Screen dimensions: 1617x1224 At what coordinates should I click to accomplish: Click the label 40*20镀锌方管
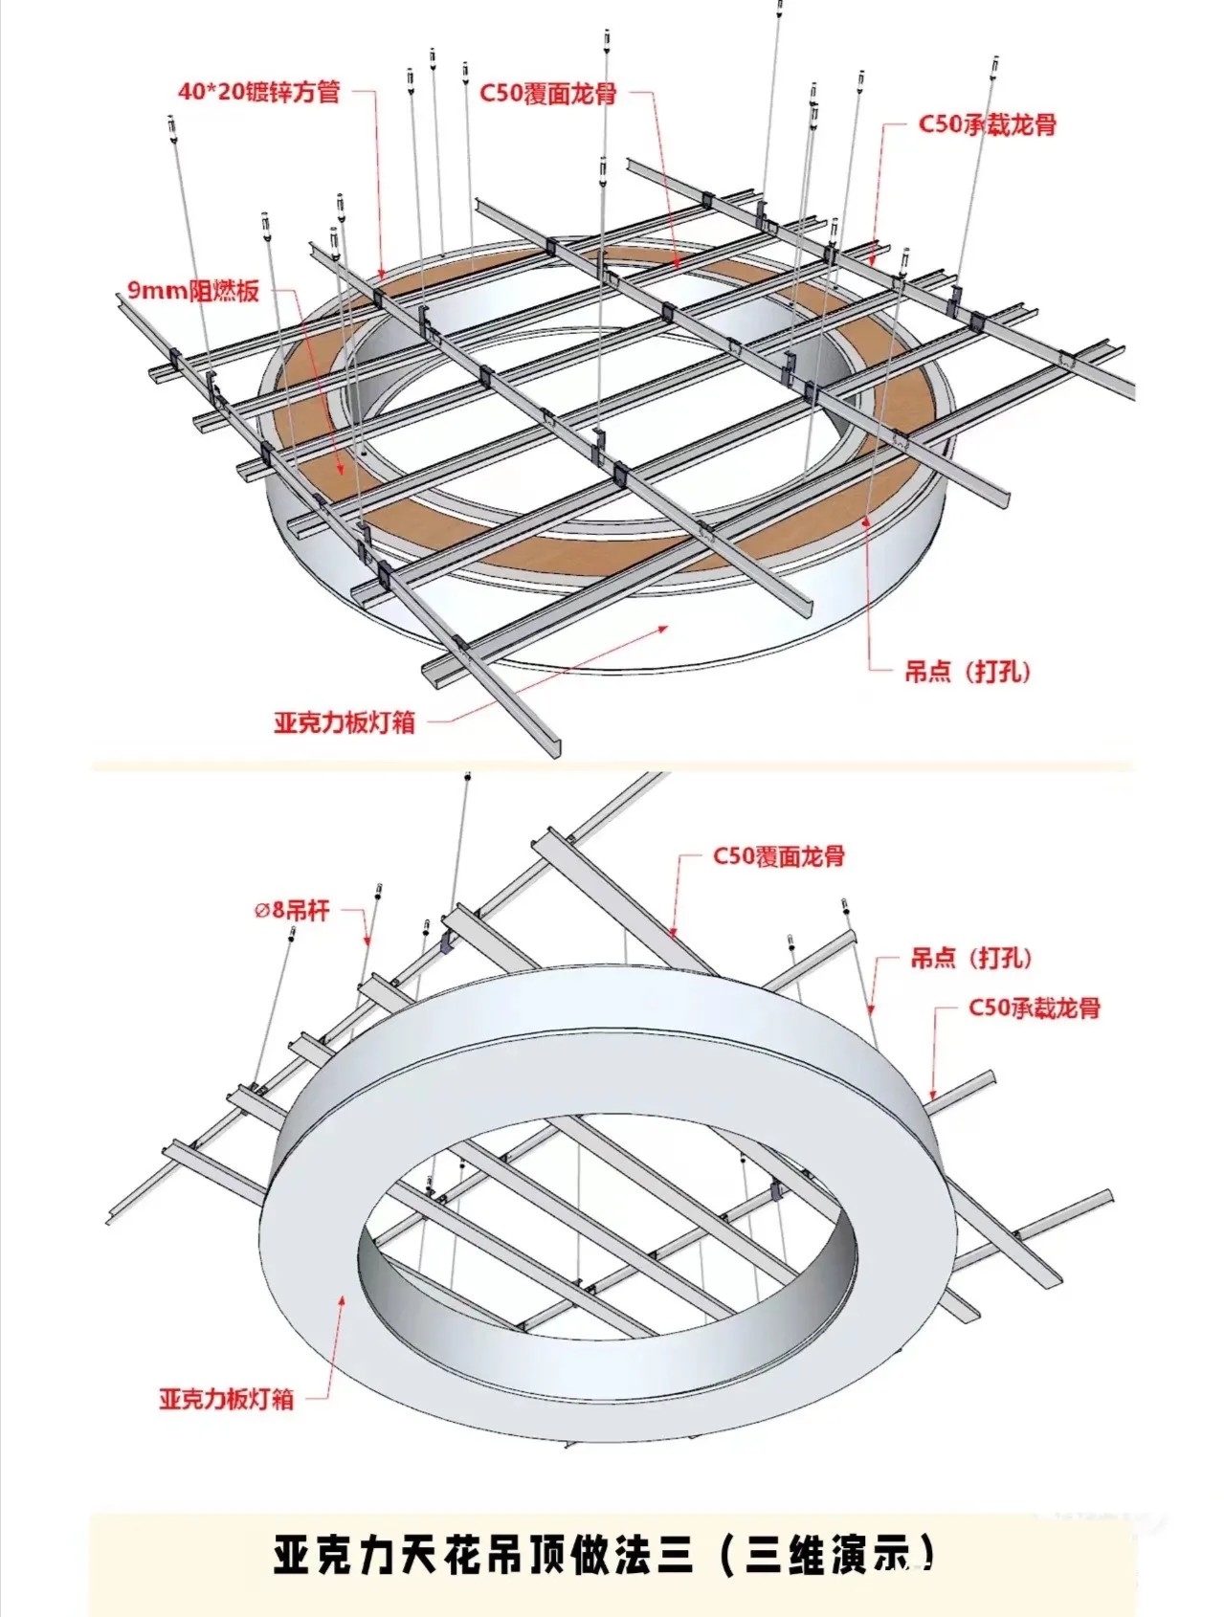(258, 93)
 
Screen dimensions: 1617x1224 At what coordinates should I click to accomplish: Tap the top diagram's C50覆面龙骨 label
(547, 94)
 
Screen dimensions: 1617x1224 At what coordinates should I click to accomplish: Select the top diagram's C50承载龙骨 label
(987, 124)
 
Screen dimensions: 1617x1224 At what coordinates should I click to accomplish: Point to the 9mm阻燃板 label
(193, 290)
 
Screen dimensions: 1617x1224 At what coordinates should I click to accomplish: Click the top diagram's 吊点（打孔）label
(968, 671)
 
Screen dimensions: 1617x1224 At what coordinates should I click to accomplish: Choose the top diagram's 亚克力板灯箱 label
(345, 722)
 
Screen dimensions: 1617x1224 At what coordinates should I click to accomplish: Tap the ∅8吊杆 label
(292, 910)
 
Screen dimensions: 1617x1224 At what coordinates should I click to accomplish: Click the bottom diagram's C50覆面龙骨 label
(778, 856)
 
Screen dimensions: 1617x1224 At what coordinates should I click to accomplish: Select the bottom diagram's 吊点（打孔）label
(971, 958)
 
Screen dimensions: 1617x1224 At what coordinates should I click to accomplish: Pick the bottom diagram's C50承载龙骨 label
(1034, 1008)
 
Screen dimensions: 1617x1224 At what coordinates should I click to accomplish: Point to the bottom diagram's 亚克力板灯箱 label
(226, 1399)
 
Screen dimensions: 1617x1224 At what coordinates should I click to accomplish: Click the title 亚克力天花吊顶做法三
(483, 1556)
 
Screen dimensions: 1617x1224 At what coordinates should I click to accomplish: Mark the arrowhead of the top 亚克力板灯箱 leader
(667, 626)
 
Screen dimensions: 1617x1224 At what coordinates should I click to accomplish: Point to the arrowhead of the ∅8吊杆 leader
(367, 944)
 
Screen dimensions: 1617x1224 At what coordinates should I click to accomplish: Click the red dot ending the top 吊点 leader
(868, 521)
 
